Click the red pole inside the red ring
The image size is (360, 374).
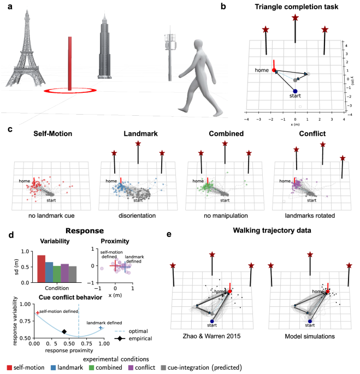(70, 63)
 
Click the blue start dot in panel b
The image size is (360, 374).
(295, 91)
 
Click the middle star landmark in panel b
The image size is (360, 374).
(295, 18)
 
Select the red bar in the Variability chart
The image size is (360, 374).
(42, 266)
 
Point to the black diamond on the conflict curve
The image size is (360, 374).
(64, 331)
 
